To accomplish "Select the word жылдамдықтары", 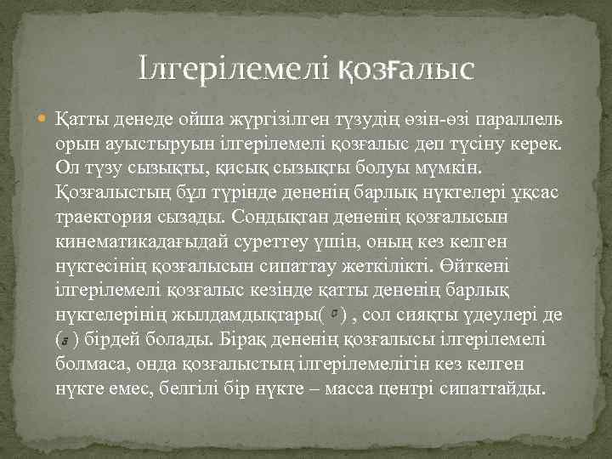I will tap(246, 314).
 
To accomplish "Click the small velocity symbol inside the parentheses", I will tap(336, 314).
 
